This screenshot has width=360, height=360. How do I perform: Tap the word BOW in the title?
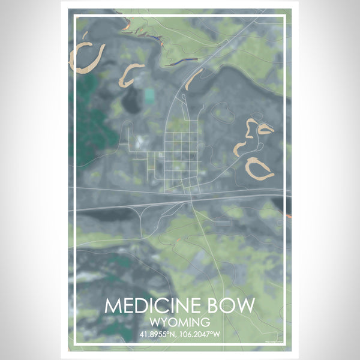[234, 306]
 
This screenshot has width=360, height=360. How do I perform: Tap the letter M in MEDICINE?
[112, 306]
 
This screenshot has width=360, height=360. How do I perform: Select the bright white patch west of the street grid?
[139, 142]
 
